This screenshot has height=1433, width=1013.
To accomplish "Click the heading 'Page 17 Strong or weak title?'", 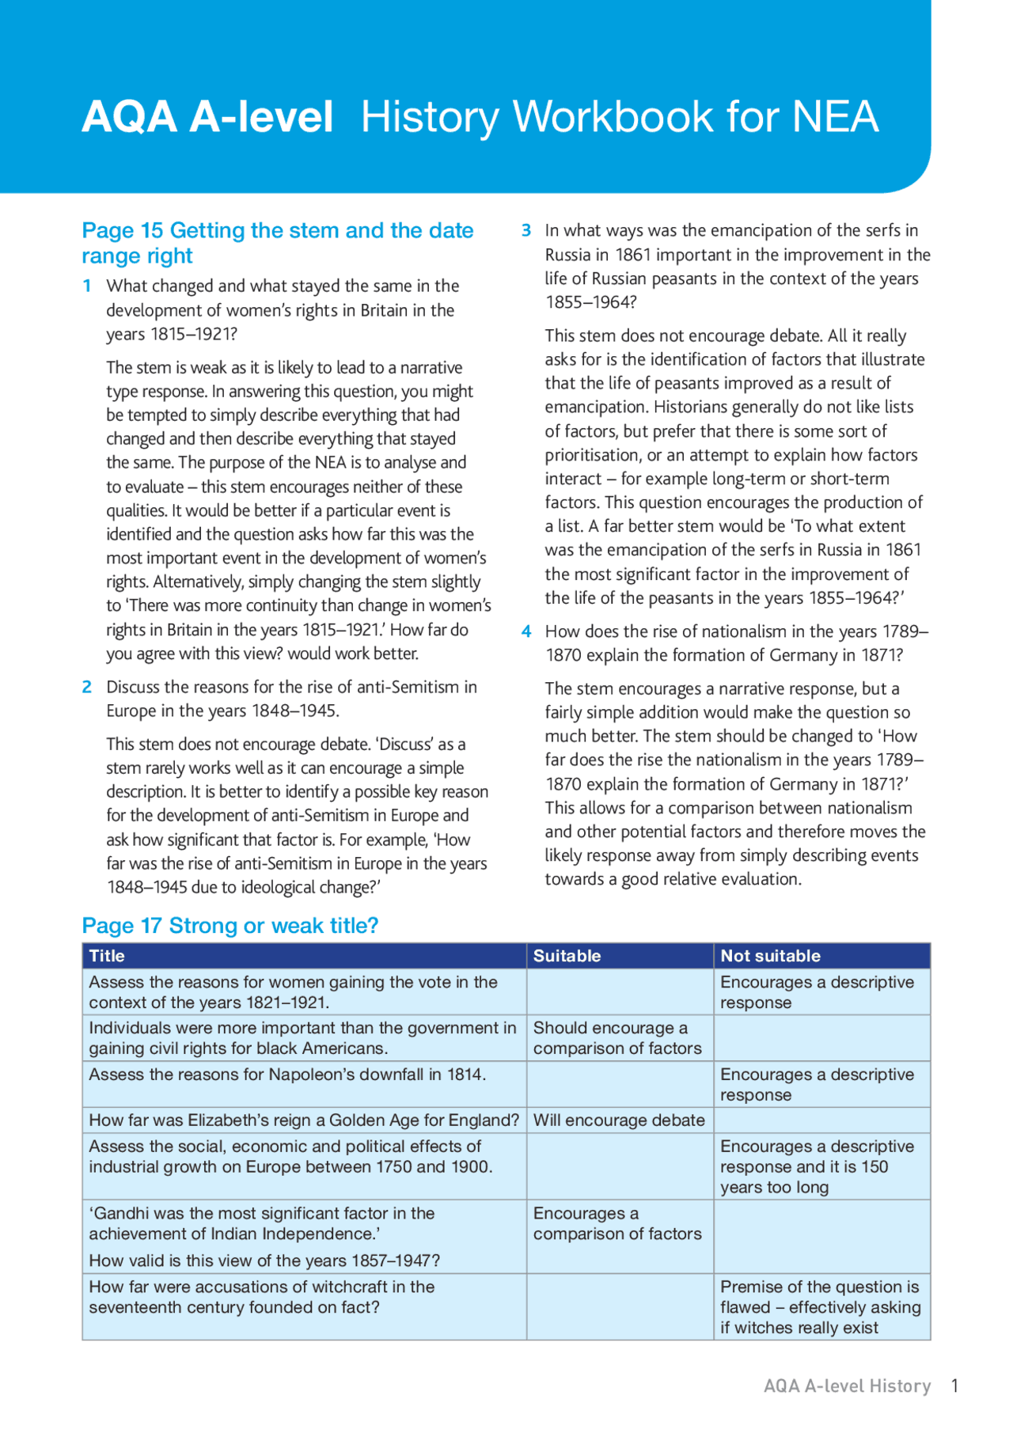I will pos(230,925).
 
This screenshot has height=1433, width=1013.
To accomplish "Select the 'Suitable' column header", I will pos(567,956).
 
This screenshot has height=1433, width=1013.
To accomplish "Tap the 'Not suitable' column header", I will pos(770,956).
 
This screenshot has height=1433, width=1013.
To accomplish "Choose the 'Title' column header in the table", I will pos(107,956).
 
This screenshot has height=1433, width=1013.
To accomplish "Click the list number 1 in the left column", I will pos(87,286).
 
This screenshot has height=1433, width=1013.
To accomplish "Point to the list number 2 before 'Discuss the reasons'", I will pos(87,687).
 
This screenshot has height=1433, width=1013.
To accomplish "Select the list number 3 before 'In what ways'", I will pos(525,230).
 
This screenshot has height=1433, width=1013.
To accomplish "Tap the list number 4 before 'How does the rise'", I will pos(525,631).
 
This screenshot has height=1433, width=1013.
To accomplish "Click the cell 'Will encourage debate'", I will pos(619,1120).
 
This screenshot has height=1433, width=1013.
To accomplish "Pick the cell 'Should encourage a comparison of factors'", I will pos(617,1038).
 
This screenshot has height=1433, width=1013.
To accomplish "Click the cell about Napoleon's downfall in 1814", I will pos(287,1075).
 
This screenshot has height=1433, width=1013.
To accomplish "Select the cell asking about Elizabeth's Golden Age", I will pos(304,1120).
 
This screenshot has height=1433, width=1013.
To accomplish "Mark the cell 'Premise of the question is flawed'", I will pos(820,1307).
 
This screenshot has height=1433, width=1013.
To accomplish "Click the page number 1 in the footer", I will pos(955,1386).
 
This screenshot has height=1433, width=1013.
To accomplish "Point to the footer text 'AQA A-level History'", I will pos(847,1386).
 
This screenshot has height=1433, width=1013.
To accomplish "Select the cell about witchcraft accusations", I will pos(261,1298).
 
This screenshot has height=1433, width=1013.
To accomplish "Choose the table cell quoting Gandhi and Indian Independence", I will pos(264,1236).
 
